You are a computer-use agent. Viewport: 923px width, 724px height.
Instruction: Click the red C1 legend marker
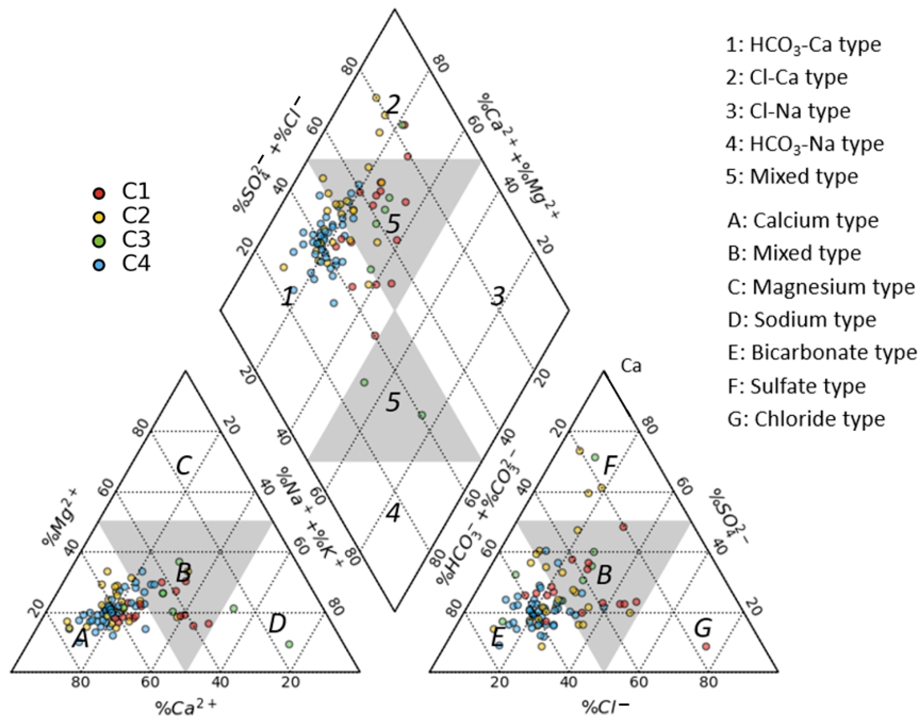(x=99, y=193)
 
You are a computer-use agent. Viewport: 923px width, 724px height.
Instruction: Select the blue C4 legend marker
(x=99, y=265)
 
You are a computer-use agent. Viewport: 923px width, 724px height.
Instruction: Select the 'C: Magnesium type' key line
(x=821, y=287)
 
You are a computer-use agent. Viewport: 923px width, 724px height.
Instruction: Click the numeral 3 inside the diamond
(x=497, y=297)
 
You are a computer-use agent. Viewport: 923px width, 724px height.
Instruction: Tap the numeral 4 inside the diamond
(x=393, y=514)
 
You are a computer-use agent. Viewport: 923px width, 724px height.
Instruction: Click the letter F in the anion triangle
(x=609, y=466)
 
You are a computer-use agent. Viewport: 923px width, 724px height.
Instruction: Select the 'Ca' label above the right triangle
(x=631, y=366)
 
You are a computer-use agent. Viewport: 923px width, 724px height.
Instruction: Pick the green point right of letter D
(x=289, y=644)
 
